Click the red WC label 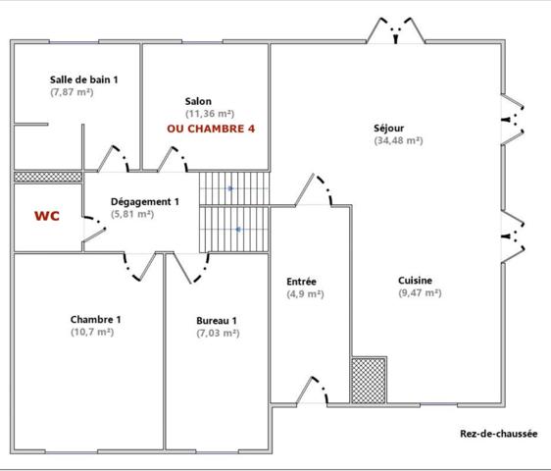pyautogui.click(x=47, y=215)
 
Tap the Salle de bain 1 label pyautogui.click(x=83, y=79)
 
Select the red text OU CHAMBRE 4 pyautogui.click(x=211, y=130)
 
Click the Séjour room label pyautogui.click(x=389, y=128)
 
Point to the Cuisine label pyautogui.click(x=415, y=280)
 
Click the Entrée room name pyautogui.click(x=302, y=281)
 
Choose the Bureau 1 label pyautogui.click(x=216, y=320)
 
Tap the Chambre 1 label pyautogui.click(x=96, y=319)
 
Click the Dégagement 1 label pyautogui.click(x=144, y=201)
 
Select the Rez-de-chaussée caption pyautogui.click(x=498, y=434)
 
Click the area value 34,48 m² pyautogui.click(x=398, y=140)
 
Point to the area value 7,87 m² pyautogui.click(x=71, y=91)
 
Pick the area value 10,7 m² pyautogui.click(x=92, y=332)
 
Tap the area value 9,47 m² pyautogui.click(x=420, y=292)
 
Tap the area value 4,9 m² pyautogui.click(x=305, y=293)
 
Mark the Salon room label pyautogui.click(x=198, y=101)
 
